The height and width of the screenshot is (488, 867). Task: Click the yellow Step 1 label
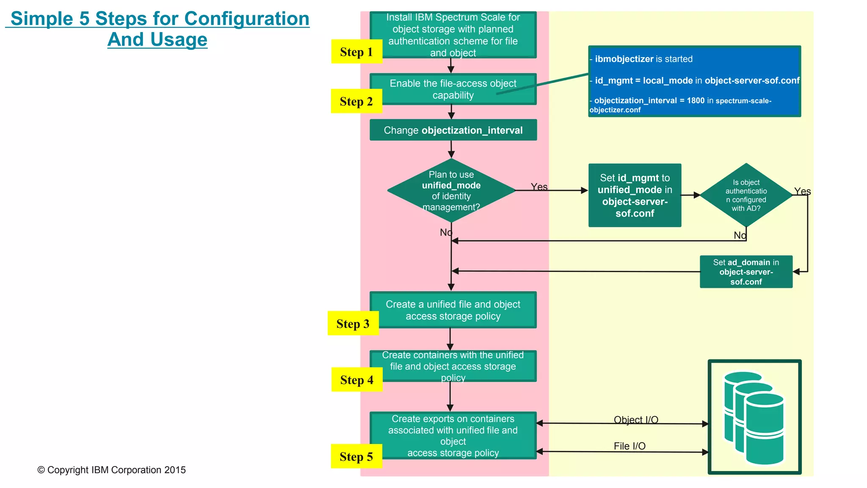click(x=356, y=52)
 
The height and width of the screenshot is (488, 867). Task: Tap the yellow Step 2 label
click(x=356, y=101)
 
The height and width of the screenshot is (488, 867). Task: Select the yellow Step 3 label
click(x=353, y=323)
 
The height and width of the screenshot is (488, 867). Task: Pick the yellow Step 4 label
click(x=356, y=380)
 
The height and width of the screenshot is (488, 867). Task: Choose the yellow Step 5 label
click(x=356, y=456)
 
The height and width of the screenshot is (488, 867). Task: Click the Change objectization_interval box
click(x=453, y=130)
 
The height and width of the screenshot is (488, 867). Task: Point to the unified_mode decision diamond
click(x=451, y=190)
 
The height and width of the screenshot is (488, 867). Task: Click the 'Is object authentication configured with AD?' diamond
click(x=746, y=195)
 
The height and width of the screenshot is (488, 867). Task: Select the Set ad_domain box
click(x=746, y=272)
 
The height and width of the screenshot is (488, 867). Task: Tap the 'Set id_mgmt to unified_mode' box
click(x=635, y=196)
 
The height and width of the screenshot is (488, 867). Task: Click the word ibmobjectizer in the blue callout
click(x=624, y=59)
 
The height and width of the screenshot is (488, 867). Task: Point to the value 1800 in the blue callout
click(x=696, y=100)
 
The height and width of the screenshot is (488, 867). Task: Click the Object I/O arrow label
click(x=636, y=419)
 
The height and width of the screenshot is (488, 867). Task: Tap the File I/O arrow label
click(x=630, y=446)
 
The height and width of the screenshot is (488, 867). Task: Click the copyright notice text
click(x=111, y=470)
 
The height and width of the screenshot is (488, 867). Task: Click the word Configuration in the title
click(x=247, y=19)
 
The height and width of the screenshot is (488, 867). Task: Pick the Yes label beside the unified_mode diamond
click(x=539, y=187)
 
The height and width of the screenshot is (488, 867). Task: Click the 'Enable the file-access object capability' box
click(x=453, y=89)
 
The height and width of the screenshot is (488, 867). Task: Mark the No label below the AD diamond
click(x=740, y=235)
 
